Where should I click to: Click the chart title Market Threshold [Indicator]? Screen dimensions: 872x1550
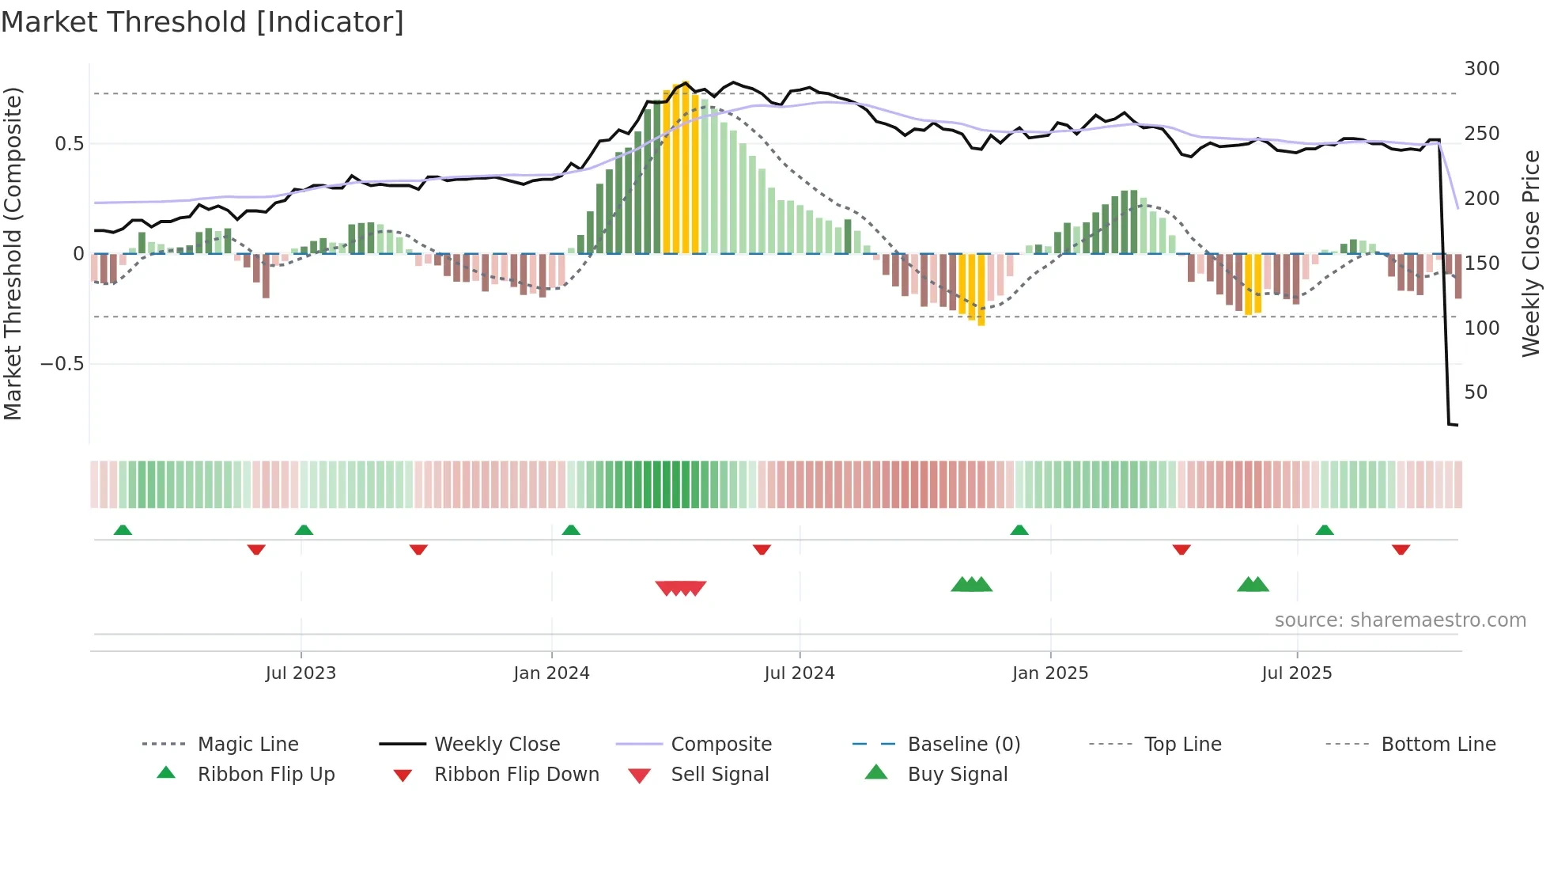[x=202, y=22]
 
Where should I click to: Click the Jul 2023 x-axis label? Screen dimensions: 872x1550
[x=301, y=673]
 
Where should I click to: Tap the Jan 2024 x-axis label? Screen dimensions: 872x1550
[x=551, y=673]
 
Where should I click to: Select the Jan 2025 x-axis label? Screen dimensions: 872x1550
[x=1050, y=673]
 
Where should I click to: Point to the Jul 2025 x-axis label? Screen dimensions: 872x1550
[x=1297, y=673]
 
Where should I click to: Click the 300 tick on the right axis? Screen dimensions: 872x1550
[x=1481, y=69]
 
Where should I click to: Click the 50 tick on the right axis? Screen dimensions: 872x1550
[x=1476, y=392]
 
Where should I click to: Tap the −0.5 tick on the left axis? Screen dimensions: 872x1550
[x=62, y=364]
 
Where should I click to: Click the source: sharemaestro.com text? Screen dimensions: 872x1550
[x=1400, y=620]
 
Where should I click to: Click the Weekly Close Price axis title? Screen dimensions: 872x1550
[x=1531, y=253]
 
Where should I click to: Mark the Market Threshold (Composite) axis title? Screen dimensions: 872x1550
[x=13, y=253]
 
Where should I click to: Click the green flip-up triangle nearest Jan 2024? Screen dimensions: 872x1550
[x=571, y=530]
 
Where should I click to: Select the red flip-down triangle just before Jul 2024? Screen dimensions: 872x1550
[x=762, y=549]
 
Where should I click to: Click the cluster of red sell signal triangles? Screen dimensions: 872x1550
[x=681, y=588]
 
